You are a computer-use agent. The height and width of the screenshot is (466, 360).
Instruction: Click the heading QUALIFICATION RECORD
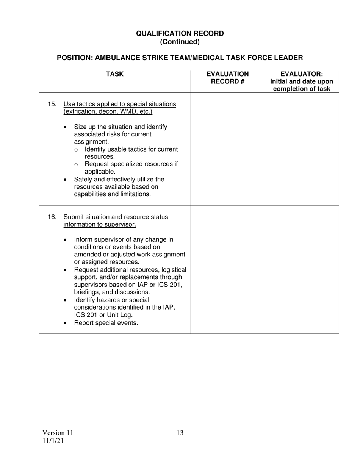coord(180,33)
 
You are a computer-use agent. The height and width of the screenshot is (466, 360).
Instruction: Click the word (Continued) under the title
coord(180,42)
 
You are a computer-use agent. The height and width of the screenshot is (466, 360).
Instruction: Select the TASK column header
coord(114,74)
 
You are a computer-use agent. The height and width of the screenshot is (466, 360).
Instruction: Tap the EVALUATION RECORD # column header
coord(227,78)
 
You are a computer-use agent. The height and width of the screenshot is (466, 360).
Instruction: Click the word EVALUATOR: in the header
coord(302,74)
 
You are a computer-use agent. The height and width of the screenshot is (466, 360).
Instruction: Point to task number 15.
coord(52,104)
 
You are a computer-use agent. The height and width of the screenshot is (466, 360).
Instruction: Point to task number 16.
coord(52,217)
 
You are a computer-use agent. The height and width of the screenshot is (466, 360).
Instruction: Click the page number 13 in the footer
coord(180,433)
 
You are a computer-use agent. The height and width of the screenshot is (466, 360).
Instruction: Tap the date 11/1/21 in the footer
coord(53,441)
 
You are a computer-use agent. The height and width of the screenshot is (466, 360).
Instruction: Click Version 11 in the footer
coord(58,433)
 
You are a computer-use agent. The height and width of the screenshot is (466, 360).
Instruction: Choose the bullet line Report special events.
coord(106,323)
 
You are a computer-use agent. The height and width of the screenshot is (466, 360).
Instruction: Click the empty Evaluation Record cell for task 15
coord(227,149)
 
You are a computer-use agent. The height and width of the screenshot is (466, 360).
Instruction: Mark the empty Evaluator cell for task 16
coord(302,269)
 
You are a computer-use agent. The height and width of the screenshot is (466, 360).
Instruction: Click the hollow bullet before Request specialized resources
coord(77,165)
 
